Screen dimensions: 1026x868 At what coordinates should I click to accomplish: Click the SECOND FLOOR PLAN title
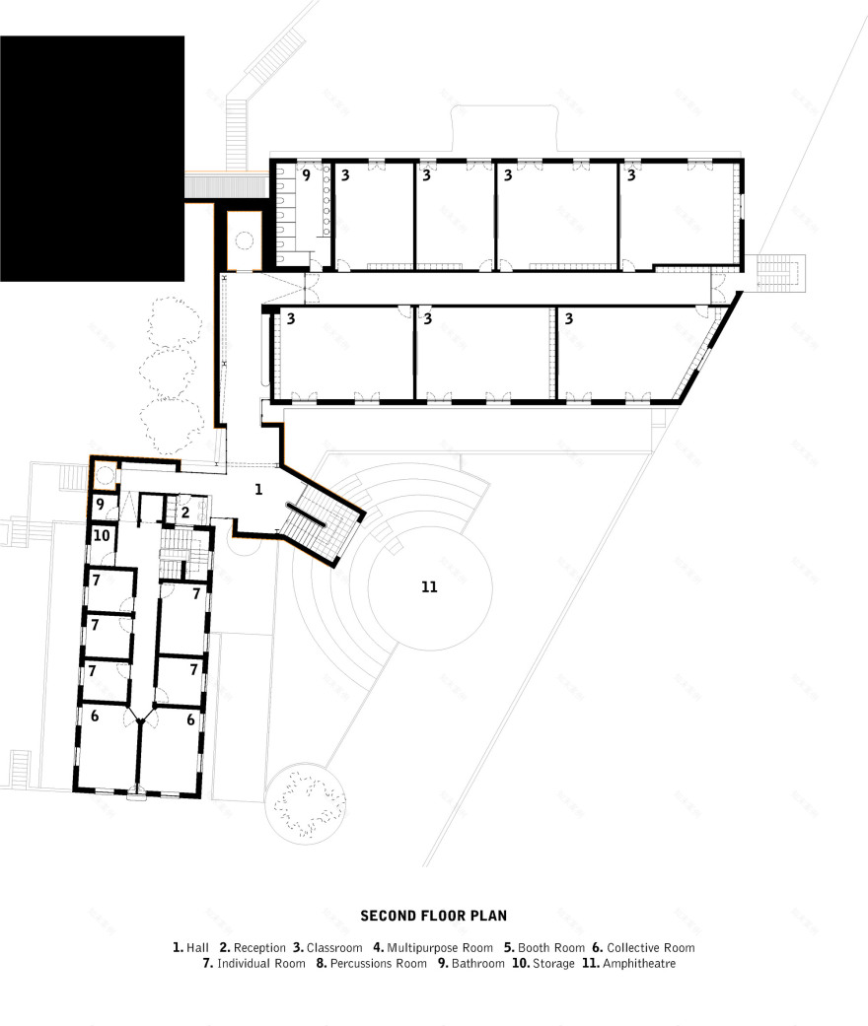click(x=433, y=916)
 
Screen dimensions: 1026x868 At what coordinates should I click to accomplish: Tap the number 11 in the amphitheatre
click(x=428, y=587)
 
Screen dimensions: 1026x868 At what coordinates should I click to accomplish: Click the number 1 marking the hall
click(x=258, y=489)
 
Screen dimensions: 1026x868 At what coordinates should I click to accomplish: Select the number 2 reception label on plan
click(x=184, y=513)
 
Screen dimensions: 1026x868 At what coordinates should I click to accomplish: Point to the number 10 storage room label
click(x=102, y=536)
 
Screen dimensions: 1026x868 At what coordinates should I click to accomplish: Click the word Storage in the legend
click(x=553, y=963)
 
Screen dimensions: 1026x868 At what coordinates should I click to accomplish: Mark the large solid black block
click(x=92, y=158)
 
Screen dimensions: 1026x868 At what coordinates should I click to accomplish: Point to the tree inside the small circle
click(x=306, y=800)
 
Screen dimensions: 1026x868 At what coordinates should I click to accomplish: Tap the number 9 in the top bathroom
click(x=306, y=176)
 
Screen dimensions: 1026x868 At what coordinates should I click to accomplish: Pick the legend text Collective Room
click(x=651, y=947)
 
